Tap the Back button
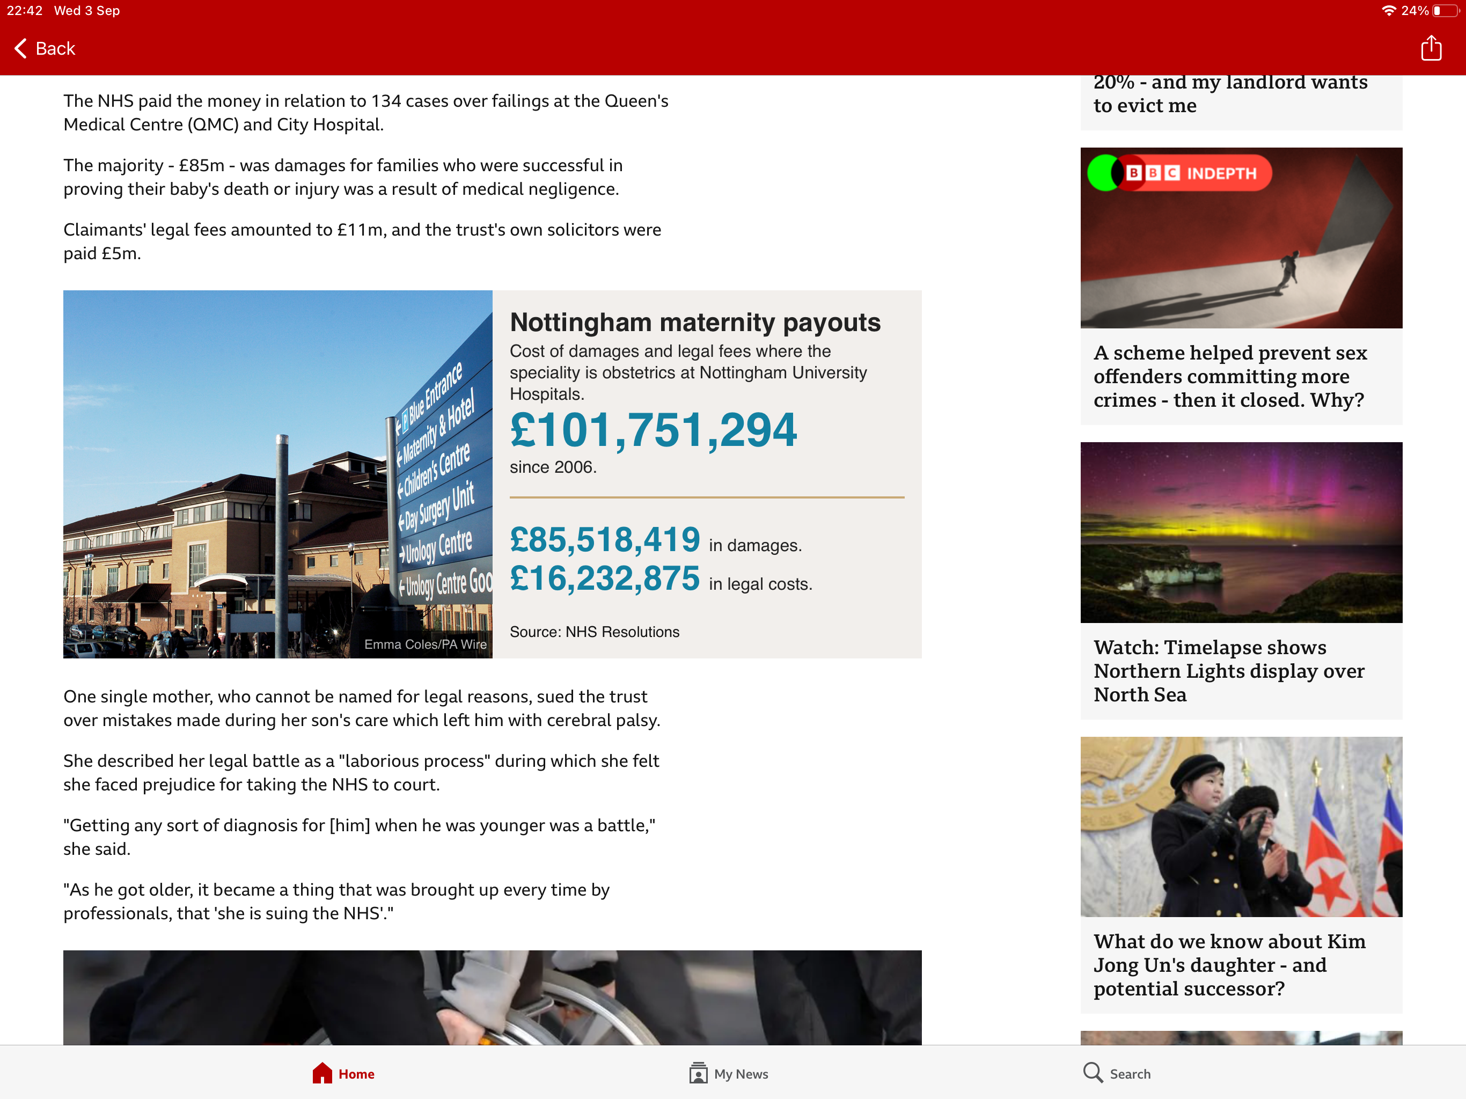pos(45,48)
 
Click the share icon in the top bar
pos(1431,48)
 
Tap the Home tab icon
pos(322,1073)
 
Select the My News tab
pos(728,1073)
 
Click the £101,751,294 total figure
pos(653,430)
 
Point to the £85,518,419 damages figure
pos(604,539)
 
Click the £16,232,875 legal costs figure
pos(604,578)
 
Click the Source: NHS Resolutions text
pos(594,632)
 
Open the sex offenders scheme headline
pos(1229,377)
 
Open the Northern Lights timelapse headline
pos(1228,671)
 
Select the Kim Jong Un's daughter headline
pos(1229,965)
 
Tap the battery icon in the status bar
pos(1445,11)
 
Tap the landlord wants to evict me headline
pos(1229,93)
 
